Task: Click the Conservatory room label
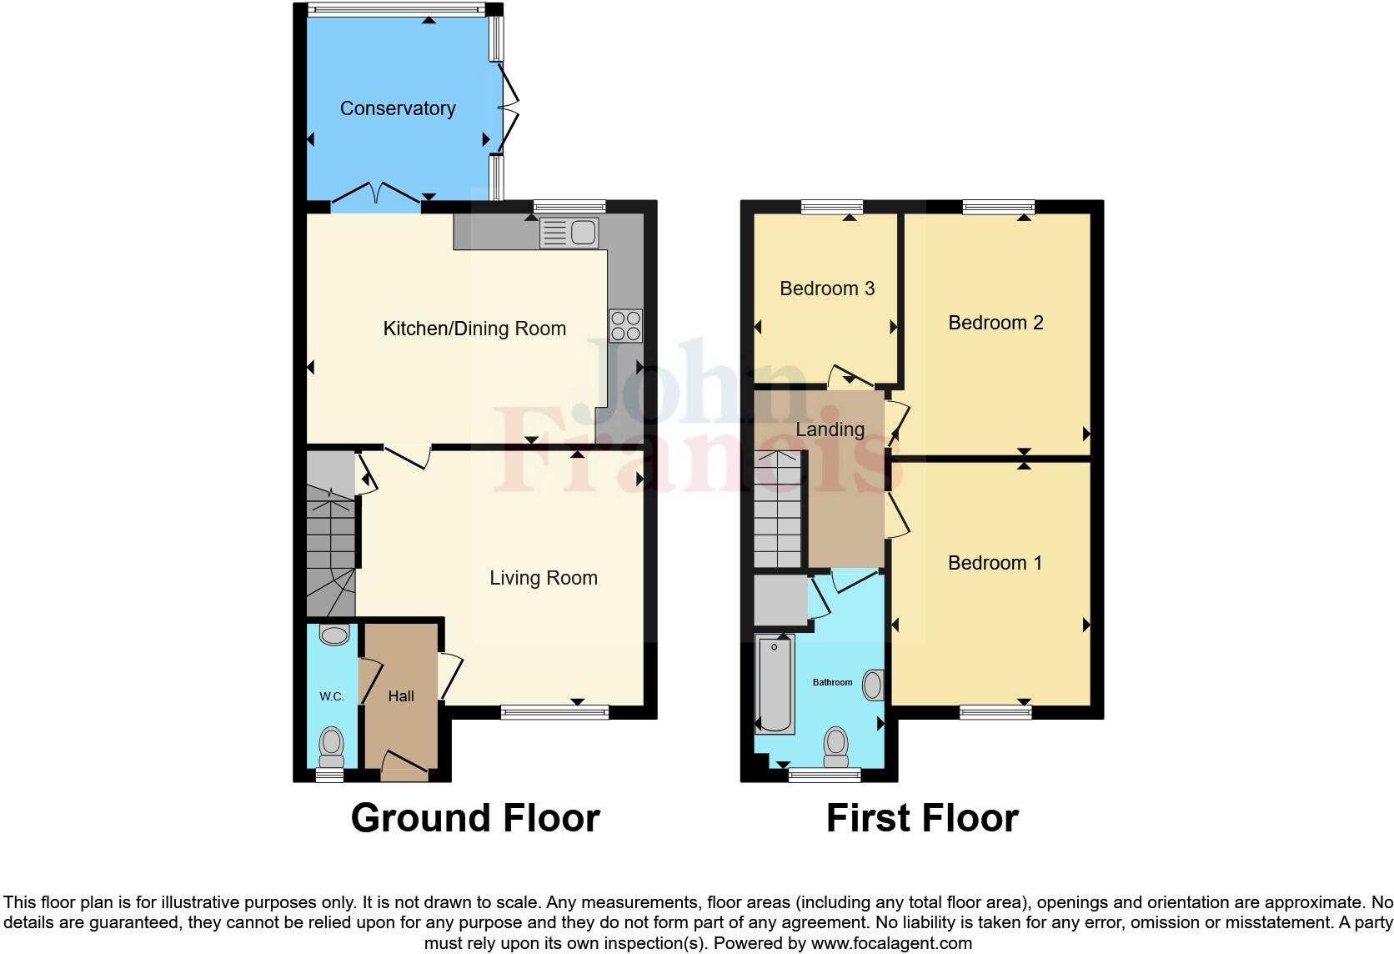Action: (398, 108)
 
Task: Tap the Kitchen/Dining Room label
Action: (474, 329)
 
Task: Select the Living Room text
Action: (543, 578)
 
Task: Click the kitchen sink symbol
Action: (569, 233)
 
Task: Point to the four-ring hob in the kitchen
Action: (625, 326)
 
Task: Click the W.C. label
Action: (332, 696)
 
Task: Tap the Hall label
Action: (401, 696)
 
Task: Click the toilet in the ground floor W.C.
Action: (332, 744)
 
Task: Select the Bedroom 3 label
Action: (827, 289)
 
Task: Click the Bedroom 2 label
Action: (995, 323)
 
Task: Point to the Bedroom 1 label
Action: (995, 563)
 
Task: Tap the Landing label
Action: (830, 429)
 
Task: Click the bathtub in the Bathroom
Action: (775, 684)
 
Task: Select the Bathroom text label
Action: (832, 682)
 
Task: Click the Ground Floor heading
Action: (475, 818)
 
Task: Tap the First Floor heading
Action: (922, 818)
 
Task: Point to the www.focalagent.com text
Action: (890, 944)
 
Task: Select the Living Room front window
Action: (554, 711)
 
